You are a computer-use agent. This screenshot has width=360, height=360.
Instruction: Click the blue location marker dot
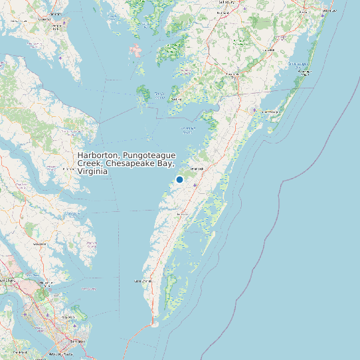[179, 179]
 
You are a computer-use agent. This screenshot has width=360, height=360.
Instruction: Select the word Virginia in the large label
[92, 171]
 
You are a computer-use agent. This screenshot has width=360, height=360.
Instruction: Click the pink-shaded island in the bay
[137, 50]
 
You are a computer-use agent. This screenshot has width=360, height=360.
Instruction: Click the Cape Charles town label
[143, 281]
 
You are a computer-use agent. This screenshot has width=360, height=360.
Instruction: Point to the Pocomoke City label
[232, 74]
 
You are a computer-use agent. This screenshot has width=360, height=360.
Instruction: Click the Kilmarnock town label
[67, 169]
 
